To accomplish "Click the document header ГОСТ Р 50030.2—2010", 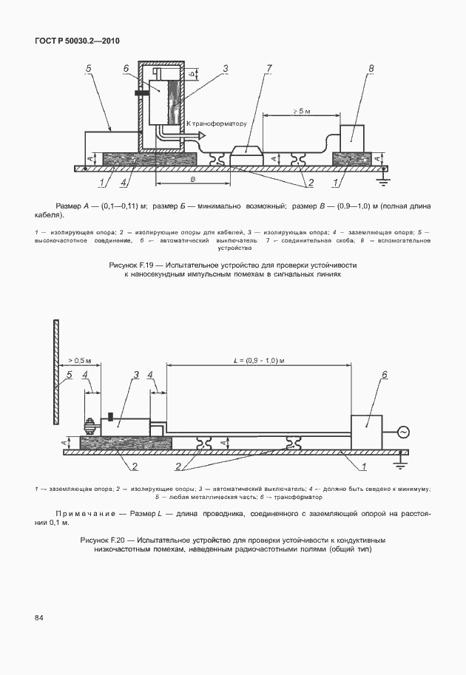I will tap(77, 41).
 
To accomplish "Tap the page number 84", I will tap(38, 617).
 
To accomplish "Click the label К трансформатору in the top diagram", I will tap(215, 123).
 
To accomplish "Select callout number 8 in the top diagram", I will tap(370, 69).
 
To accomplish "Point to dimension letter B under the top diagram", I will tap(193, 180).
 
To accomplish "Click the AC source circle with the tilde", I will tap(403, 432).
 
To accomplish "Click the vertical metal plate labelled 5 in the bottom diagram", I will tap(55, 373).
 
